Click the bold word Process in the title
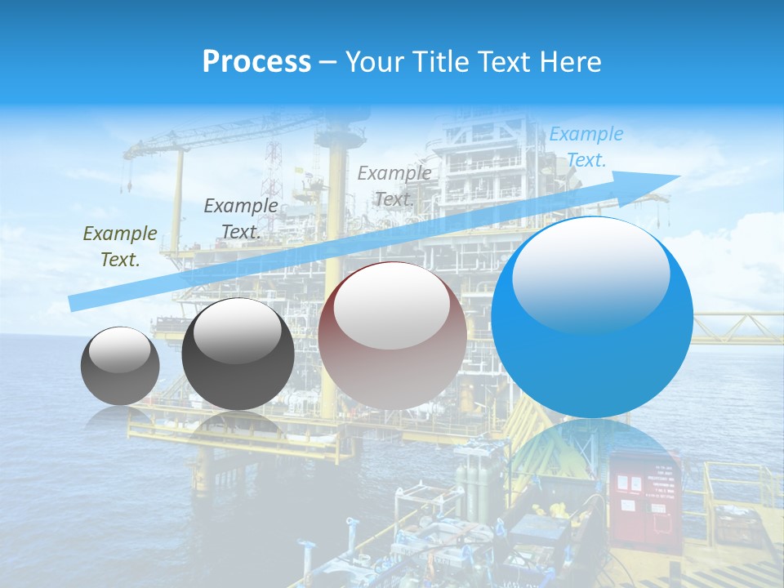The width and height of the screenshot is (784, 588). pyautogui.click(x=256, y=62)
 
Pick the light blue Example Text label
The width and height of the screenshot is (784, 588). pyautogui.click(x=586, y=147)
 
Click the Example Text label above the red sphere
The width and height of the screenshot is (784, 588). pyautogui.click(x=394, y=185)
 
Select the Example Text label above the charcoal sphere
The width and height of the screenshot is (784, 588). pyautogui.click(x=240, y=218)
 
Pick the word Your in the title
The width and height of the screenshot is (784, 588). pyautogui.click(x=373, y=62)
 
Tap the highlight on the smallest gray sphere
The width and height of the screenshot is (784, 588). pyautogui.click(x=120, y=351)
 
